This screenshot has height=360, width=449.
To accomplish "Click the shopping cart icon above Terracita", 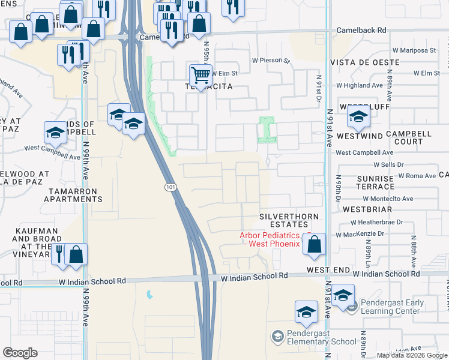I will pyautogui.click(x=201, y=76).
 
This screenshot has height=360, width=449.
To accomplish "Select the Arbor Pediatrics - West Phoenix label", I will pyautogui.click(x=270, y=239).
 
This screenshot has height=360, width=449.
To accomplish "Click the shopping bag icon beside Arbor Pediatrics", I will pyautogui.click(x=314, y=244).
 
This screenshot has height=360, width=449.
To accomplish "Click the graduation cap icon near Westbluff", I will pyautogui.click(x=358, y=117).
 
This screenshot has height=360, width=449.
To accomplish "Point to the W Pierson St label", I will pyautogui.click(x=271, y=61).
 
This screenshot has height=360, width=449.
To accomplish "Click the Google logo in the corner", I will pyautogui.click(x=20, y=353).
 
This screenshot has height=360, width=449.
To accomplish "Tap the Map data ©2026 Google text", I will pyautogui.click(x=412, y=355).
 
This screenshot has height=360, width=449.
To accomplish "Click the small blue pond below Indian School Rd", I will pyautogui.click(x=148, y=295).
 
